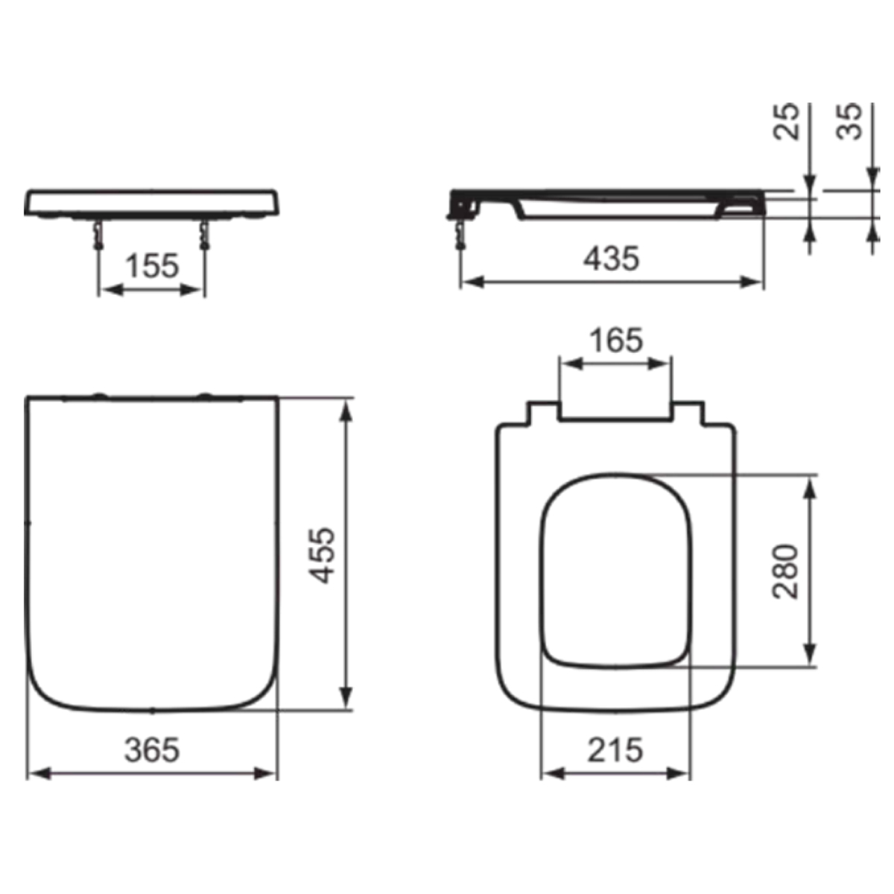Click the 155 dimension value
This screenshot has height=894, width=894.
[152, 266]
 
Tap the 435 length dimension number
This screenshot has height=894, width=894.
[611, 259]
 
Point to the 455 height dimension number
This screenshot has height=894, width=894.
[322, 555]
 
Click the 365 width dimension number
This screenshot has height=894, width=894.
[152, 749]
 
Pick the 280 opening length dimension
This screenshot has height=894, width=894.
[785, 571]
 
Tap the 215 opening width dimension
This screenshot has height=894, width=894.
[615, 749]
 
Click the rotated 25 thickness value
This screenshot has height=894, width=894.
[786, 121]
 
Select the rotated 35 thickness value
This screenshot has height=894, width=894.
[849, 121]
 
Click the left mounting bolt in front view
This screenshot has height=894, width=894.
[98, 234]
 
